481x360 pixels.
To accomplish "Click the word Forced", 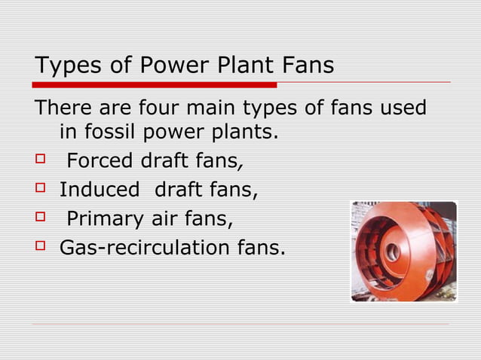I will coord(101,162).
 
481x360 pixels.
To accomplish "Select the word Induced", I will coord(100,190).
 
